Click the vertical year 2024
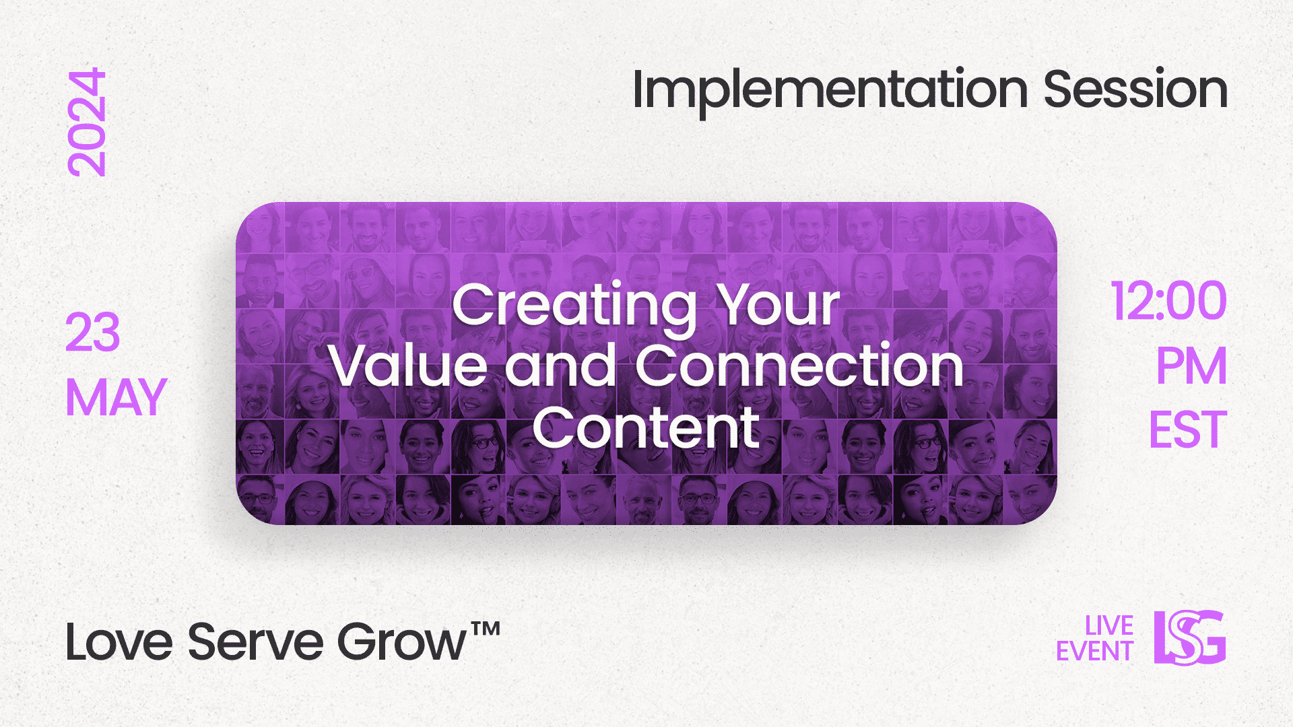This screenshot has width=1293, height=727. point(87,123)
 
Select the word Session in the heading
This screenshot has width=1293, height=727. point(1135,90)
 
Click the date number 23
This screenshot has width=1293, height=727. point(93,333)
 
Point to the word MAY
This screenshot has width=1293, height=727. point(116,398)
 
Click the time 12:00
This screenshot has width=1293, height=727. point(1168,302)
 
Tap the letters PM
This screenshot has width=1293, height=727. point(1191,367)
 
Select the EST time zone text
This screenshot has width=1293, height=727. point(1188,430)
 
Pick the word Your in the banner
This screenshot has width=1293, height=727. point(778,305)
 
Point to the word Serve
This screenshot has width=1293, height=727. point(255,642)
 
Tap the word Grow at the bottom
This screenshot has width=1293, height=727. point(401,642)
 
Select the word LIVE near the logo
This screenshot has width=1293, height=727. point(1108,626)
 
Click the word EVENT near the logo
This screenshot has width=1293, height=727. point(1094,652)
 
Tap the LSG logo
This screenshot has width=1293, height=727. point(1190,637)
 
